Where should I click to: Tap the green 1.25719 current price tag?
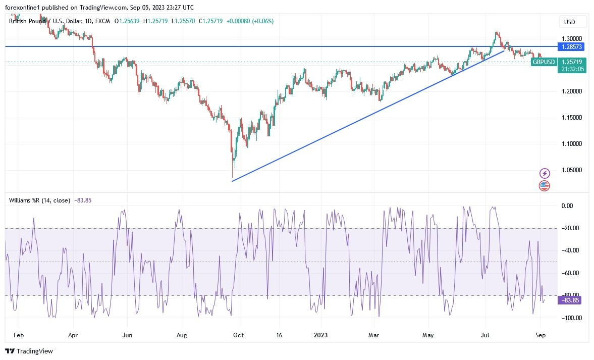pos(572,62)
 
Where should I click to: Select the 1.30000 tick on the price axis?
pos(572,38)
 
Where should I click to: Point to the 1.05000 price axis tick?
pos(572,170)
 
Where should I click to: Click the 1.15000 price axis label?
pos(572,118)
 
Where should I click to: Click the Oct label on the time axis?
pos(238,335)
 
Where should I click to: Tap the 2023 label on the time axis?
pos(320,335)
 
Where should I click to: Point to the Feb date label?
pos(19,335)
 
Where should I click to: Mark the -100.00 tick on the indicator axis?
pos(572,318)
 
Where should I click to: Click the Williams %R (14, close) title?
pos(39,200)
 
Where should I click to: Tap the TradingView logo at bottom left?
pos(29,351)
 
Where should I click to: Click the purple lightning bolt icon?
pos(544,173)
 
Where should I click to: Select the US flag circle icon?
pos(544,185)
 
